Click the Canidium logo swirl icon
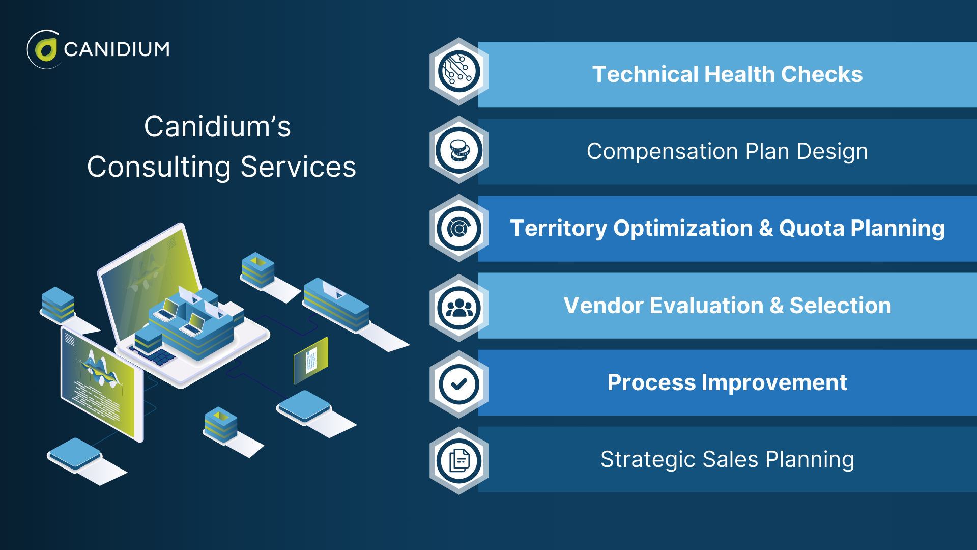[x=45, y=49]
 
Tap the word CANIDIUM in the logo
[x=117, y=49]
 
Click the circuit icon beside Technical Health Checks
[x=459, y=72]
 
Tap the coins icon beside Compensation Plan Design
[x=459, y=150]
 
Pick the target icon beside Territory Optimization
[x=459, y=229]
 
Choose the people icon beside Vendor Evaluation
[x=459, y=308]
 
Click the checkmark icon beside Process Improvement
[x=459, y=384]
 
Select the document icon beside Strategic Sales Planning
[x=459, y=461]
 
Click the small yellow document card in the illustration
[x=311, y=361]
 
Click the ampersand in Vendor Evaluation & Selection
[x=777, y=306]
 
